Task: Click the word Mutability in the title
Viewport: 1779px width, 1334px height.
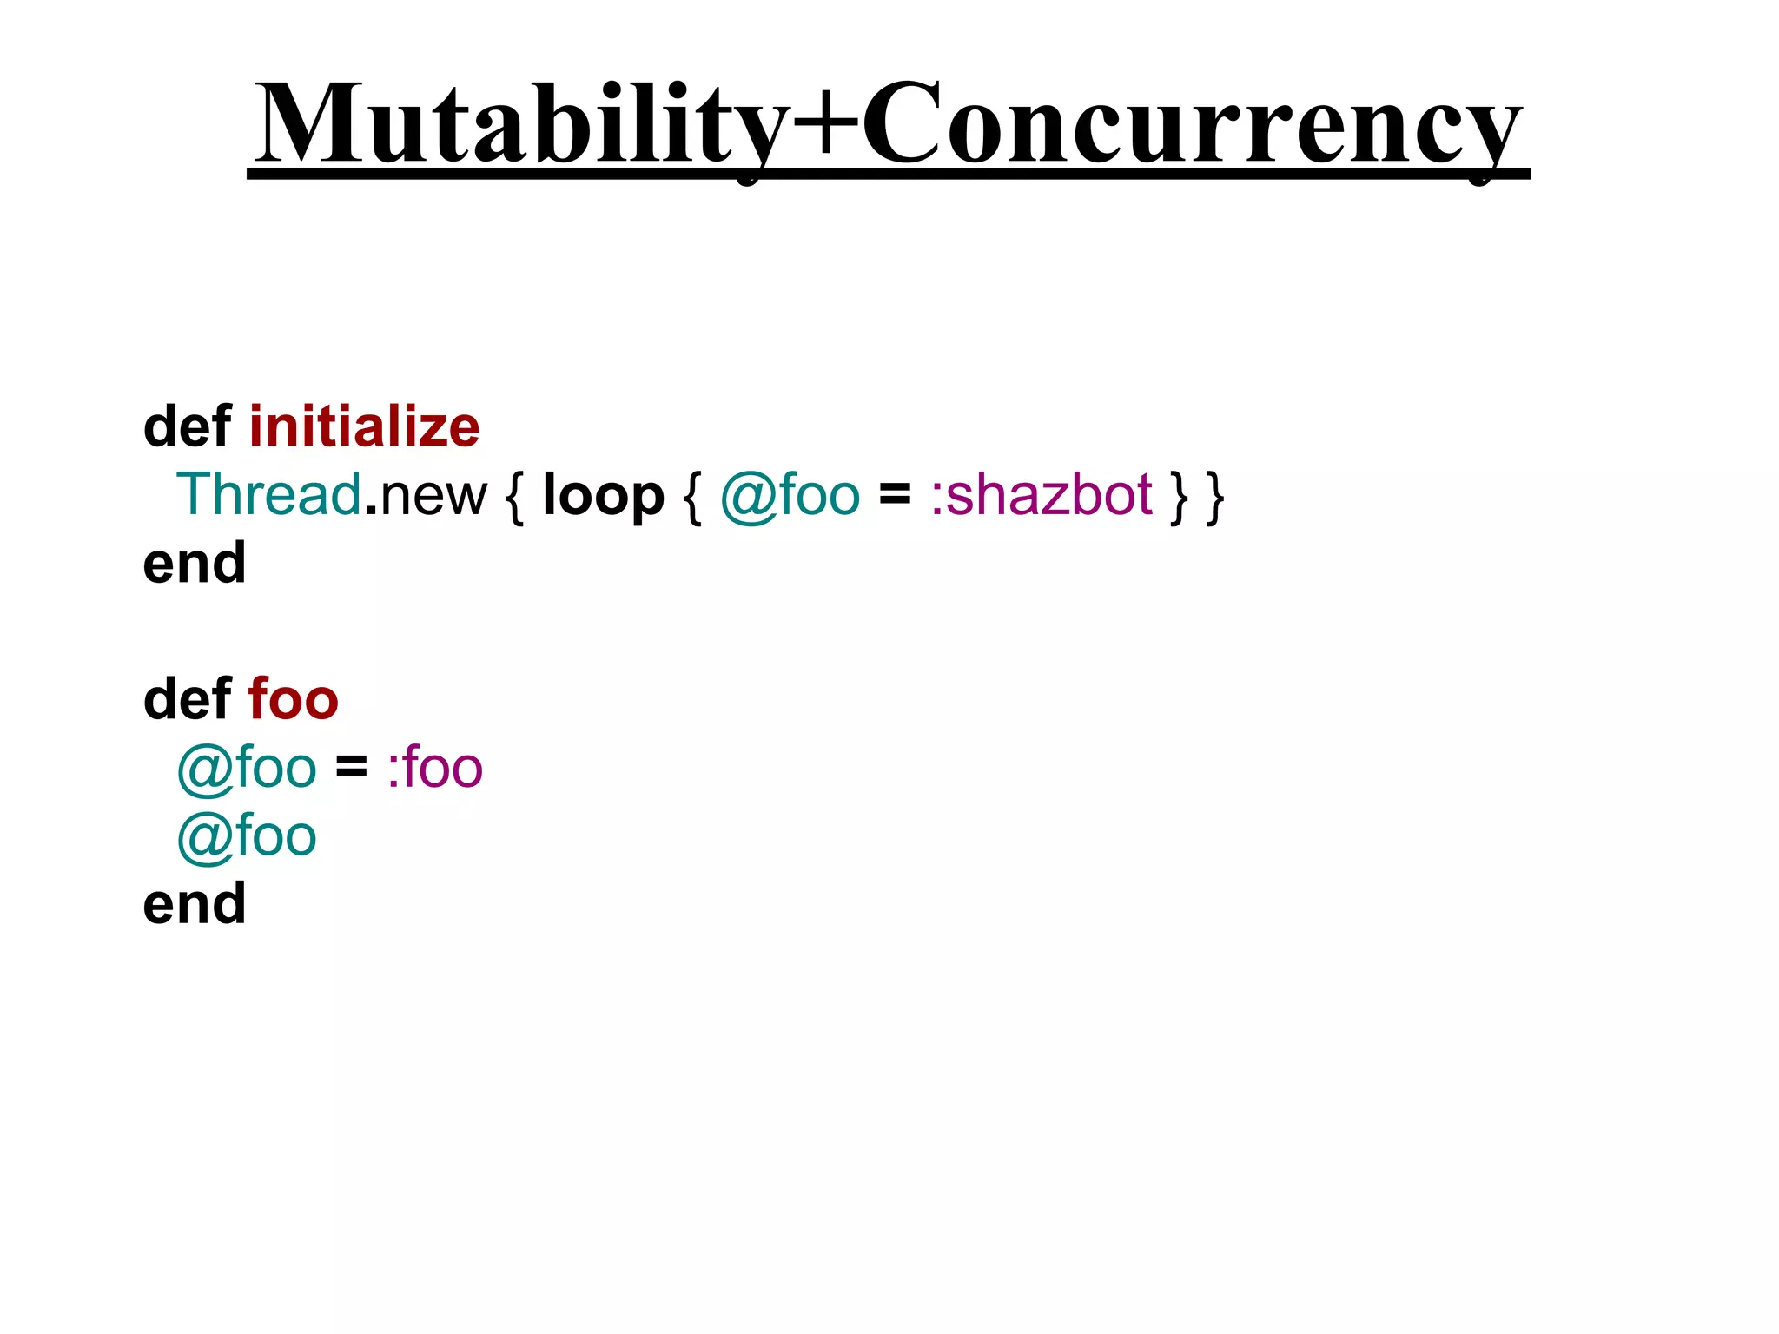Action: click(x=521, y=126)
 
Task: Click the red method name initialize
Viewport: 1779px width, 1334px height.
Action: click(x=364, y=427)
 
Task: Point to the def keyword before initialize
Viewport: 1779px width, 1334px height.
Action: click(x=188, y=427)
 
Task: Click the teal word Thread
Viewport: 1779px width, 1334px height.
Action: click(x=268, y=495)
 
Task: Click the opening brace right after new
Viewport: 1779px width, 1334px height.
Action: click(x=514, y=497)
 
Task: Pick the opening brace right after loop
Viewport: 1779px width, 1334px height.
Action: click(x=692, y=497)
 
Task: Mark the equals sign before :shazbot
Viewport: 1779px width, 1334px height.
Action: click(x=895, y=495)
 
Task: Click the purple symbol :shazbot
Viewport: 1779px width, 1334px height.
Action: click(x=1042, y=495)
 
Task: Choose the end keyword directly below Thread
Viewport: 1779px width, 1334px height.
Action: click(x=195, y=564)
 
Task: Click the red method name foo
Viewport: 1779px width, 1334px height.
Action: click(x=293, y=700)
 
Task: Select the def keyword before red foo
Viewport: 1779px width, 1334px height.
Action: click(x=188, y=700)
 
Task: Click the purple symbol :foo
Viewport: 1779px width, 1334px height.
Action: click(x=434, y=769)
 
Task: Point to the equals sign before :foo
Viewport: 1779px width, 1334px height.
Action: click(x=351, y=767)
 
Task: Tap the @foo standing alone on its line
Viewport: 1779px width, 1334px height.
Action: click(x=247, y=837)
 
